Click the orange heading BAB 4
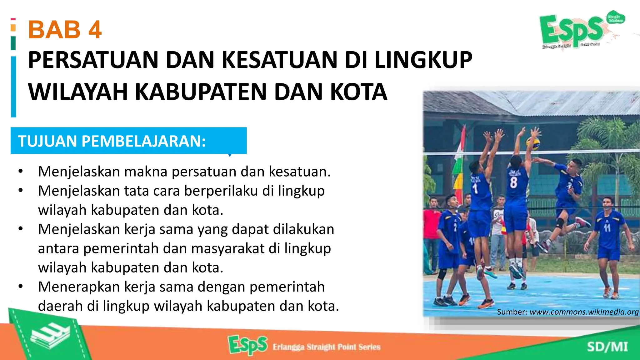click(x=65, y=30)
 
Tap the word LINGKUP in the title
click(x=423, y=60)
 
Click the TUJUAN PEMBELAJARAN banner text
click(x=112, y=141)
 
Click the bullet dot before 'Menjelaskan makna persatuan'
click(x=21, y=171)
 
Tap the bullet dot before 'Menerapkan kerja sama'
click(x=21, y=287)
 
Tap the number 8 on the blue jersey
click(x=513, y=182)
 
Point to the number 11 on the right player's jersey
click(x=607, y=227)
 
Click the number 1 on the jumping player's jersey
click(x=475, y=188)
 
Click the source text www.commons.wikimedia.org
click(x=584, y=312)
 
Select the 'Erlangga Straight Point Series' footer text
click(x=327, y=347)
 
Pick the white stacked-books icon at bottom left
click(x=50, y=336)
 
